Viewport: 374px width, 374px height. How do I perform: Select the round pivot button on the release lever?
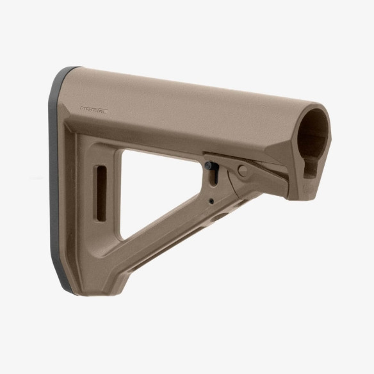pyautogui.click(x=241, y=170)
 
